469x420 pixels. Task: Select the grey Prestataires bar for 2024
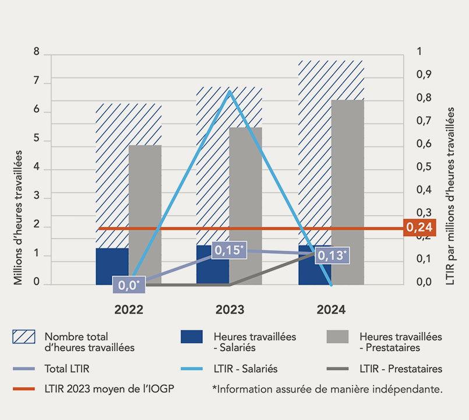[348, 192]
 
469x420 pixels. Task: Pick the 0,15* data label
[229, 250]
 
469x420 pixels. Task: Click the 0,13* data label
[332, 255]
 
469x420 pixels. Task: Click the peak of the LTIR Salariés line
[229, 92]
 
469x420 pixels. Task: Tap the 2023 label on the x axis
[230, 310]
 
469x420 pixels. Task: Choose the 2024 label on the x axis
[331, 310]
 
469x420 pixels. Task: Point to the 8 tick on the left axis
[37, 52]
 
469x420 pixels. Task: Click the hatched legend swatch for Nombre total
[24, 337]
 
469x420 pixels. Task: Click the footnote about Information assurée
[326, 389]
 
